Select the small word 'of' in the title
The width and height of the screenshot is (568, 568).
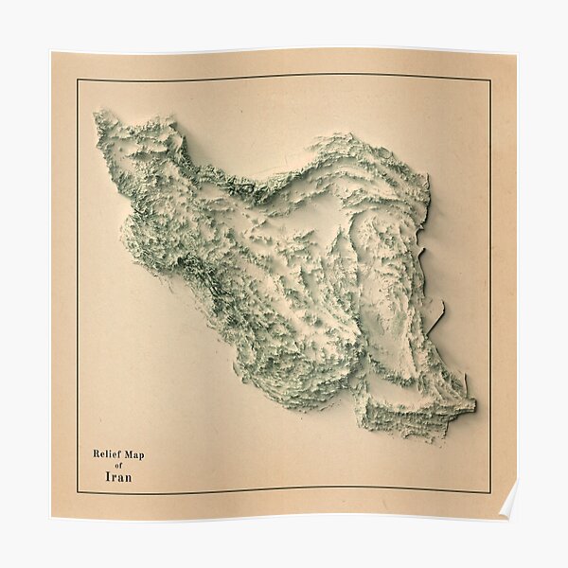(x=118, y=466)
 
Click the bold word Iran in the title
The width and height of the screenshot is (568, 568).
(x=118, y=477)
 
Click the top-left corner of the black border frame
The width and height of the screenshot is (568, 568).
(x=78, y=80)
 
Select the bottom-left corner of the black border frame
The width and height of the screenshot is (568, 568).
(x=78, y=493)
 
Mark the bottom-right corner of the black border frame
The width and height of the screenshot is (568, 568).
(x=489, y=492)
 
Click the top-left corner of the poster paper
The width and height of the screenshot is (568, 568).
(x=53, y=53)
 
